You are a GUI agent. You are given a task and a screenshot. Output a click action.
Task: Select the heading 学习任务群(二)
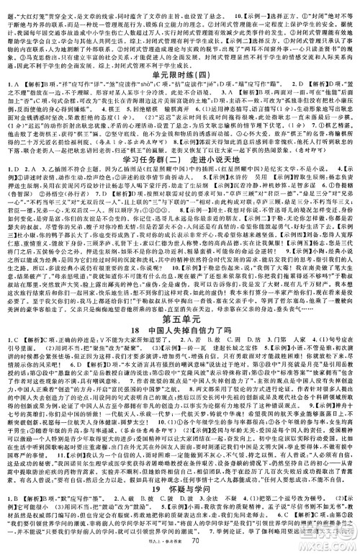click(x=141, y=159)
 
